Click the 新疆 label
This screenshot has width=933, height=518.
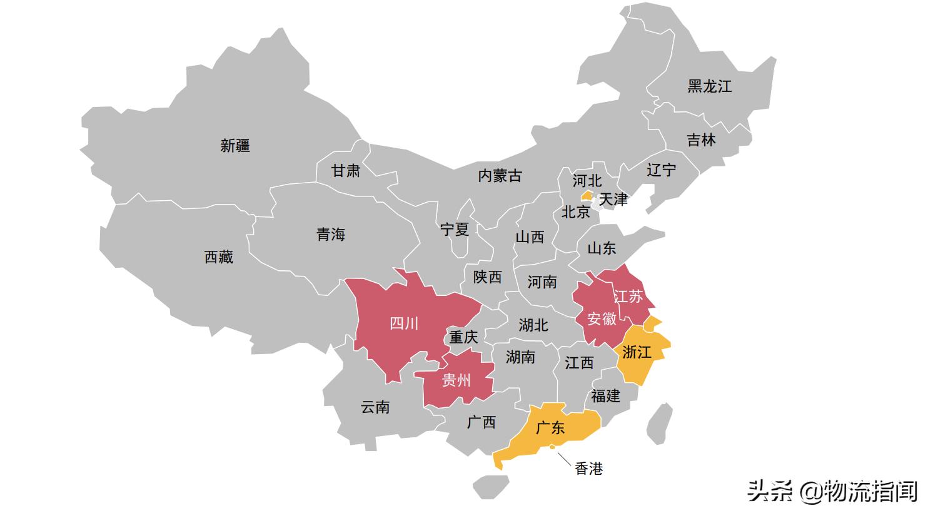click(x=235, y=146)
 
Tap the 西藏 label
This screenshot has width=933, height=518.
click(x=218, y=256)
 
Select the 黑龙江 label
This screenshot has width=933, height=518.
click(x=709, y=86)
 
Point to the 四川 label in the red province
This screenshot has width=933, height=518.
click(x=404, y=323)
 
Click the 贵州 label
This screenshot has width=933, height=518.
click(x=456, y=380)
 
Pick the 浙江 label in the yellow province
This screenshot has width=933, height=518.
click(x=637, y=352)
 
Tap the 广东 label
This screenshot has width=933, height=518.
click(x=550, y=428)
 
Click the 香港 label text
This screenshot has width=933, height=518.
click(x=588, y=468)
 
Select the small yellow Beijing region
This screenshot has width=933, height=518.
click(x=587, y=196)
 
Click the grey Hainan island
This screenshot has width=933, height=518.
click(x=490, y=486)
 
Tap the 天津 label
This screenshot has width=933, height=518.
click(x=613, y=200)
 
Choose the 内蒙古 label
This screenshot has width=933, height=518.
click(x=500, y=176)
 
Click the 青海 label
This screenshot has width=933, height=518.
click(x=330, y=235)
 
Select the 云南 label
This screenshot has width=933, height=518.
click(x=375, y=407)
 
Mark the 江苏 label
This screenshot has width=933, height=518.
click(x=628, y=296)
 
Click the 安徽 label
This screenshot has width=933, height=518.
click(x=602, y=319)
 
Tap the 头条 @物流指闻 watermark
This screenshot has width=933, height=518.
click(x=832, y=490)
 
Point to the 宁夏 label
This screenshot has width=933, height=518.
click(x=454, y=230)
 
